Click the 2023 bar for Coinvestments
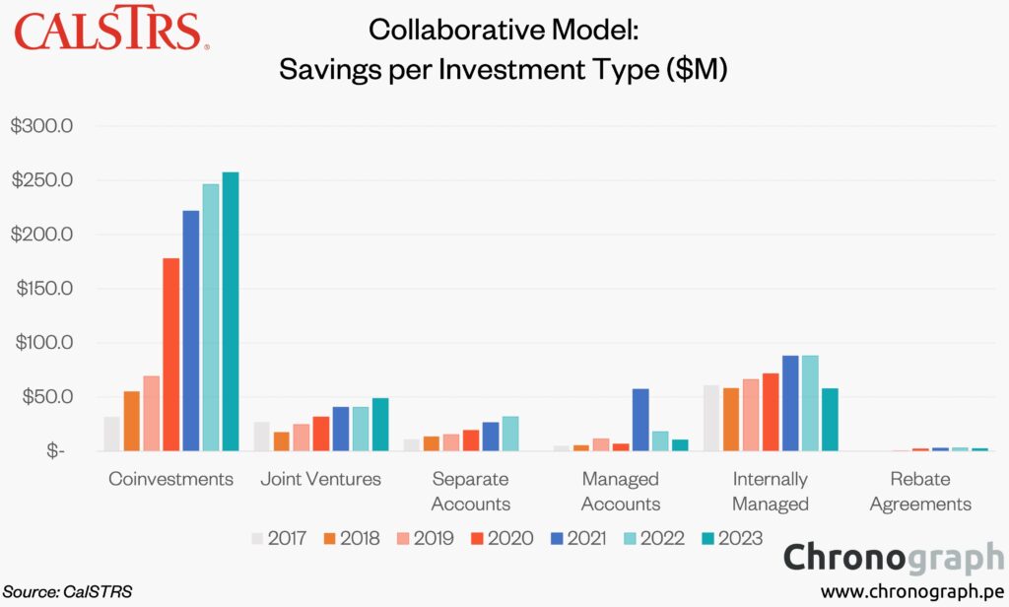tap(231, 311)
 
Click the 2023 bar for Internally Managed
tap(830, 420)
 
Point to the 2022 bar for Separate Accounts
tap(510, 434)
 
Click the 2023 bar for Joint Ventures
tap(380, 425)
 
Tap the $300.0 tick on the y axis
tap(49, 127)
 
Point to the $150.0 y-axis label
tap(49, 289)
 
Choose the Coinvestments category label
tap(171, 479)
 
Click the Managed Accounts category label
tap(621, 491)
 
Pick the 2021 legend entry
tap(573, 538)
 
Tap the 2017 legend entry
tap(279, 538)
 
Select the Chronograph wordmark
tap(894, 558)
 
